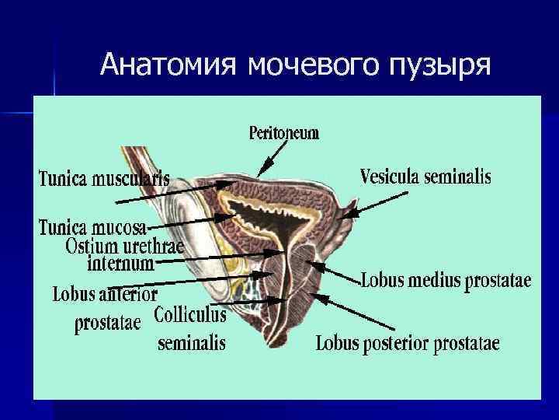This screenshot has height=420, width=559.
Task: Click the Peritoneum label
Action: coord(283,133)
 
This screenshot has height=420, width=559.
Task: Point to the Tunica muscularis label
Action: coord(105,178)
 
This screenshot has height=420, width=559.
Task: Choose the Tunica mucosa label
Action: coord(92,227)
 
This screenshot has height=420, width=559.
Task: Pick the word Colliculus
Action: coord(190,315)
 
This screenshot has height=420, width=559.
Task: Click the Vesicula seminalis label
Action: coord(425,177)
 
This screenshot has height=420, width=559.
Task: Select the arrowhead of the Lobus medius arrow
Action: coord(318,264)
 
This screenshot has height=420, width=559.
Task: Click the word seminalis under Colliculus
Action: coord(191,342)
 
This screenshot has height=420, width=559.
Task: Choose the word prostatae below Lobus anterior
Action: coord(108,322)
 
